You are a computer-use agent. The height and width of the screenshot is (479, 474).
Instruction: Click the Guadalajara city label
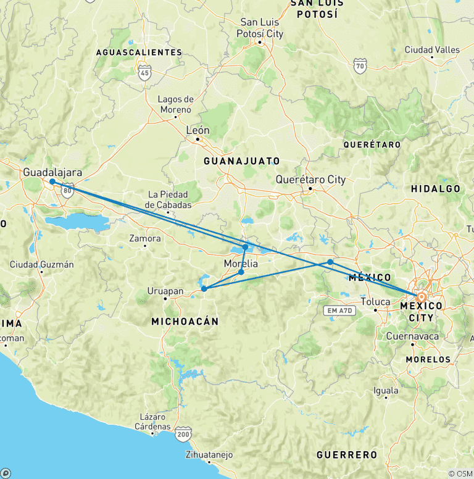(52, 172)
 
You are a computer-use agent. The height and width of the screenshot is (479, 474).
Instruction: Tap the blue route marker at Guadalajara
(52, 181)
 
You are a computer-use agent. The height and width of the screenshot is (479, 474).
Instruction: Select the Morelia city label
(241, 264)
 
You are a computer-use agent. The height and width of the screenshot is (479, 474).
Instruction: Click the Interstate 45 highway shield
(144, 73)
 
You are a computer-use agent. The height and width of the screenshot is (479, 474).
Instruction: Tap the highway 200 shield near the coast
(183, 435)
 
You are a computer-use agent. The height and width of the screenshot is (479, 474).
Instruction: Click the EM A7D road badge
(341, 310)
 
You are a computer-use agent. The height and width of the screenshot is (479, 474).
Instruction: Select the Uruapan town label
(165, 290)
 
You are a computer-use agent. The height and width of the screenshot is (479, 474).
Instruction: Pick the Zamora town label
(145, 238)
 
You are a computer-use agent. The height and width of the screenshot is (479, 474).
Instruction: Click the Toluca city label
(375, 302)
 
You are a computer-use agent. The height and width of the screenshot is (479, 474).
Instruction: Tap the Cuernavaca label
(412, 336)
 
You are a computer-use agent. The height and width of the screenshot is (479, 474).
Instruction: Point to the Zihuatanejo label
(209, 455)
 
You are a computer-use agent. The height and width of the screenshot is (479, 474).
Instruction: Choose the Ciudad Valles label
(432, 49)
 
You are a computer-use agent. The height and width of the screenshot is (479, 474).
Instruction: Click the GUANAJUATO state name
(242, 161)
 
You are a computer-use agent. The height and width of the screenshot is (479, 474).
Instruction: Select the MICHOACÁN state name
(186, 321)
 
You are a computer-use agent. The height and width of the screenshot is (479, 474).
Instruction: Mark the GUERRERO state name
(346, 455)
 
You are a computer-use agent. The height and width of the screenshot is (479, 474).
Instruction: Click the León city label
(198, 130)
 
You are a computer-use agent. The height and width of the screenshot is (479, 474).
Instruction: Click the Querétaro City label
(310, 180)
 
